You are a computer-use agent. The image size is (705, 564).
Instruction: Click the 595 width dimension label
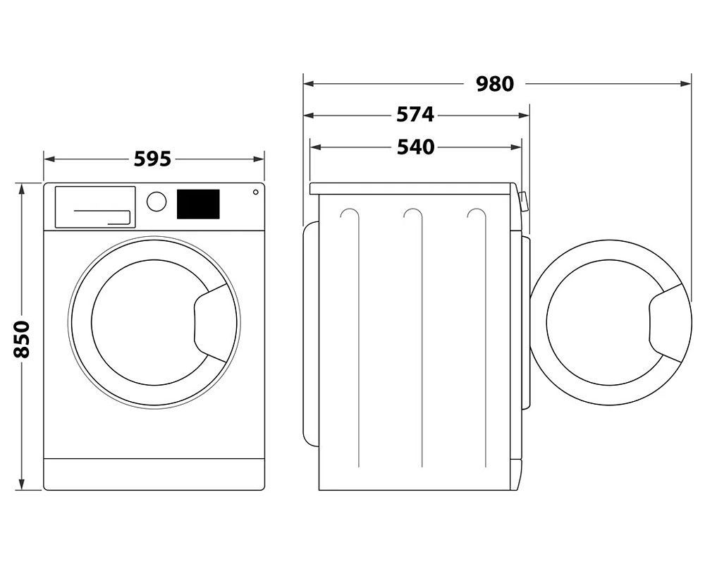pos(153,159)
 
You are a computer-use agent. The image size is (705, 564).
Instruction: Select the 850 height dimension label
pos(22,338)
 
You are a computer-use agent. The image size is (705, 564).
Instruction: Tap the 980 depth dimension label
pos(494,84)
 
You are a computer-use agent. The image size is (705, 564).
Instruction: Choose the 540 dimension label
pos(415,147)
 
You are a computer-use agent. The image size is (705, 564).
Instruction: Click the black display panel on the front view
pos(198,204)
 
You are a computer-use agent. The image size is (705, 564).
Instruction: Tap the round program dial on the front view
pos(157,201)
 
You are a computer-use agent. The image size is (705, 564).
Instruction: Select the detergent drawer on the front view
pos(94,207)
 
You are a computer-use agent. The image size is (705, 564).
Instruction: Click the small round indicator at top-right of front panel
pos(255,191)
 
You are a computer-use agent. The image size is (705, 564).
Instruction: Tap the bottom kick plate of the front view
pos(154,474)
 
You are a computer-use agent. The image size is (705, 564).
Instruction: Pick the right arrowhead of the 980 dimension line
pos(687,84)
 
